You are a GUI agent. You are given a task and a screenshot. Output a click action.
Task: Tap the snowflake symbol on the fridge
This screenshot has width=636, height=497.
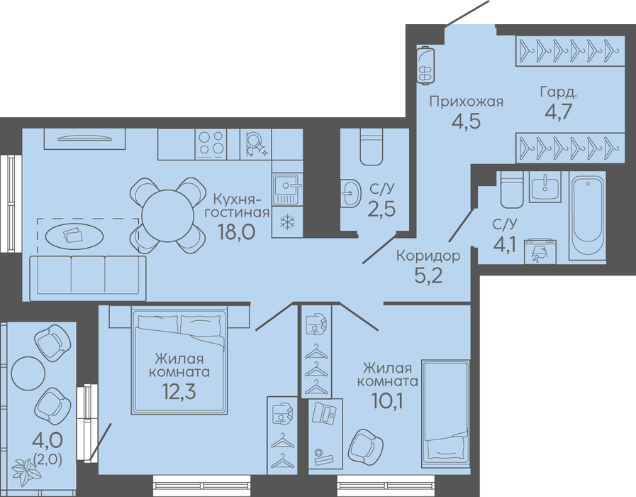tap(288, 222)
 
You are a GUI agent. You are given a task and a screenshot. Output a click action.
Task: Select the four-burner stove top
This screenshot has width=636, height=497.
tap(211, 144)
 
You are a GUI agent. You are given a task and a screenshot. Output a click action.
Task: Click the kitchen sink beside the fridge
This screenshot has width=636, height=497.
tap(288, 189)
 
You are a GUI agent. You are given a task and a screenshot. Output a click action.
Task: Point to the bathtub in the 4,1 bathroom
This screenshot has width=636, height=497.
tap(587, 215)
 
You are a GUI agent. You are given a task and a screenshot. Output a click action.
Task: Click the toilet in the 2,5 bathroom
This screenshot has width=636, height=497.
tap(371, 147)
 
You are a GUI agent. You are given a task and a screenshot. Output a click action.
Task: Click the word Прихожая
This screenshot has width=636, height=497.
tap(467, 101)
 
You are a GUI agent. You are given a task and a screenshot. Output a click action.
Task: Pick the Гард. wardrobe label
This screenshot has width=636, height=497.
tap(558, 93)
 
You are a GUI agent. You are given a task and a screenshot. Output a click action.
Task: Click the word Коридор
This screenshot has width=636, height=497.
tap(428, 256)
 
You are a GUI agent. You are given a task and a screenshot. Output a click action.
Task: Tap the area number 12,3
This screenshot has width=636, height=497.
tap(179, 391)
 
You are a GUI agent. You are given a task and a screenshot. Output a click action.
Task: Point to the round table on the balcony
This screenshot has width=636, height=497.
tap(28, 373)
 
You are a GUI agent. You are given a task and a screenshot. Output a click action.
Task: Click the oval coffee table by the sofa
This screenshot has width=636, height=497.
tap(74, 236)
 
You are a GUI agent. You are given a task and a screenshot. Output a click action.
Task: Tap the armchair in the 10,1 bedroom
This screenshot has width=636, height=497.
tap(365, 446)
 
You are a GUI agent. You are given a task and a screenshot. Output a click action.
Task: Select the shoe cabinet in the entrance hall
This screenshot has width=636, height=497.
tap(425, 65)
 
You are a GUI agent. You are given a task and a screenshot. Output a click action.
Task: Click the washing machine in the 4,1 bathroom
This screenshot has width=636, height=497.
tap(540, 251)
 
